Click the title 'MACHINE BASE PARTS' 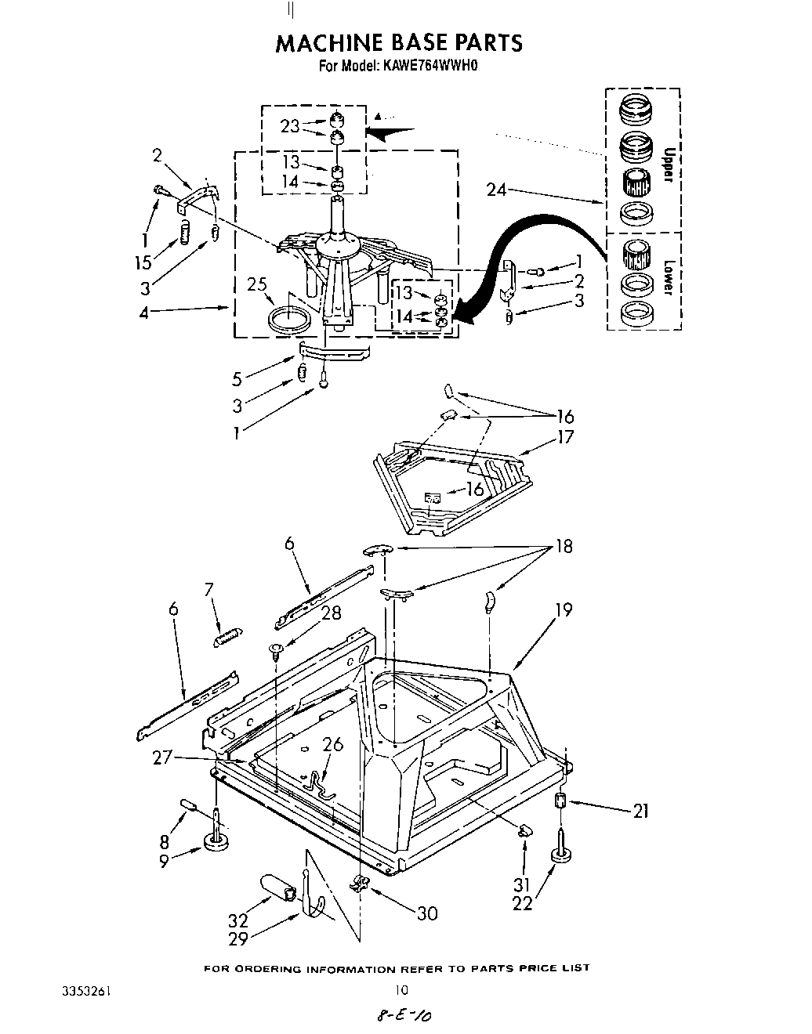[x=398, y=42]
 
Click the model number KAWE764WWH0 [x=430, y=67]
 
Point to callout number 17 [x=565, y=437]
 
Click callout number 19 [x=563, y=609]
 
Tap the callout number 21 [x=640, y=812]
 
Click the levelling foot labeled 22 [x=560, y=852]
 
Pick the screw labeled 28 [x=276, y=649]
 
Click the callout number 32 [x=238, y=921]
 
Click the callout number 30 [x=426, y=913]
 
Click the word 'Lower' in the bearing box [x=668, y=277]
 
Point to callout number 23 [x=290, y=125]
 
